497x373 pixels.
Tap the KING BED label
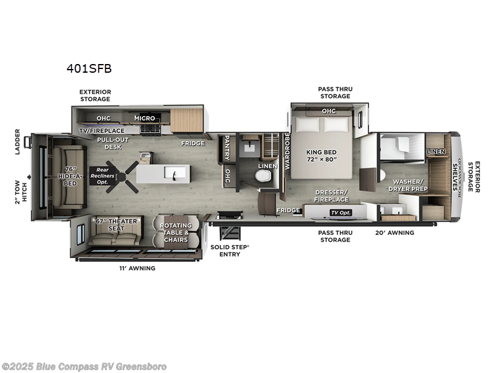click(x=321, y=155)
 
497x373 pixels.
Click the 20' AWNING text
click(x=394, y=233)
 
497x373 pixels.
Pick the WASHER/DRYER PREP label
click(x=408, y=185)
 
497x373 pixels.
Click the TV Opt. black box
click(x=340, y=212)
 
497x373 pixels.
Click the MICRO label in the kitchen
click(x=144, y=118)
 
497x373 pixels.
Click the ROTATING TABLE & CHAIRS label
click(x=175, y=233)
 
